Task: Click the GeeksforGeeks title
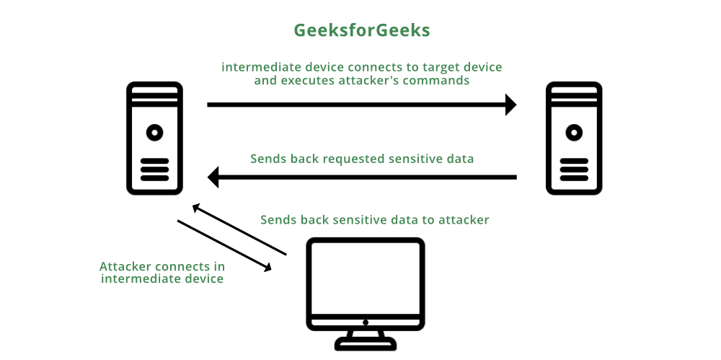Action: click(x=362, y=30)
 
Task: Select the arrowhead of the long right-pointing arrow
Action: click(x=511, y=105)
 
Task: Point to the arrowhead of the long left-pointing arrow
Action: click(x=213, y=177)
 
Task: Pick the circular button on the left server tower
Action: click(x=154, y=133)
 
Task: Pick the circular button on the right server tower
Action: click(x=574, y=133)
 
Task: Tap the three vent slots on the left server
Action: click(x=154, y=170)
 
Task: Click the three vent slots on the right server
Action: click(x=574, y=170)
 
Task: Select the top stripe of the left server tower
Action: click(x=154, y=90)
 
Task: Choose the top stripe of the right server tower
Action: click(x=574, y=90)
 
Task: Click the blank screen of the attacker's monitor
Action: click(x=366, y=278)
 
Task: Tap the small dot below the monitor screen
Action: click(x=366, y=322)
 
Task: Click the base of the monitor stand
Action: click(x=366, y=344)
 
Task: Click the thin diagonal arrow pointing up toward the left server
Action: click(x=239, y=229)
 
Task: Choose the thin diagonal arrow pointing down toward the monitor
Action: click(x=224, y=246)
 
